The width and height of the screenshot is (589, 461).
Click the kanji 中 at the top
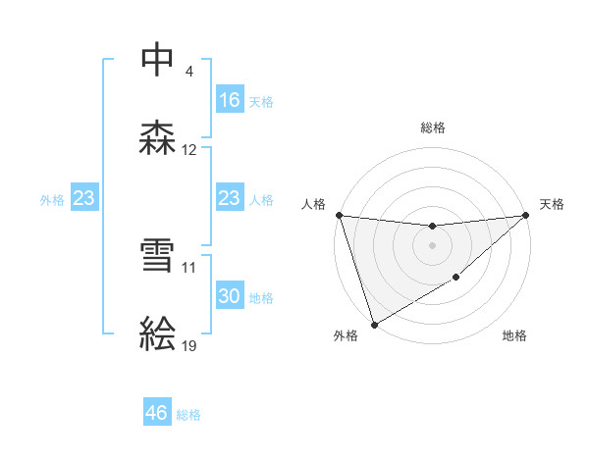coord(158,60)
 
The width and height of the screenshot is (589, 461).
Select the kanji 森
coord(158,137)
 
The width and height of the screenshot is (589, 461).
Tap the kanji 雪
coord(158,254)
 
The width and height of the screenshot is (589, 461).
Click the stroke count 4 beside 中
coord(188,73)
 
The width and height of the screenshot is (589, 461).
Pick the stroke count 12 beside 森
coord(189,150)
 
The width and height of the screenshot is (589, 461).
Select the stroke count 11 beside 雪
coord(189,267)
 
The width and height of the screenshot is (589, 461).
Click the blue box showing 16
coord(229,100)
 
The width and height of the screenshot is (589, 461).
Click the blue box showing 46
coord(157,413)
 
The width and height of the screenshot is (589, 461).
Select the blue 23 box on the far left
coord(83,199)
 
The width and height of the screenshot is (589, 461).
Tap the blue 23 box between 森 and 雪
coord(229,199)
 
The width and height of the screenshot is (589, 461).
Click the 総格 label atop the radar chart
coord(433,128)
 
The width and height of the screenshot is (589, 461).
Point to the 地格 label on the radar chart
coord(514,336)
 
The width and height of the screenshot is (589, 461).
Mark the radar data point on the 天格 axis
coord(526,215)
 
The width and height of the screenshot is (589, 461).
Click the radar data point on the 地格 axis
coord(456,278)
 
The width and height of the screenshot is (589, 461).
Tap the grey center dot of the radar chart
coord(433,245)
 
